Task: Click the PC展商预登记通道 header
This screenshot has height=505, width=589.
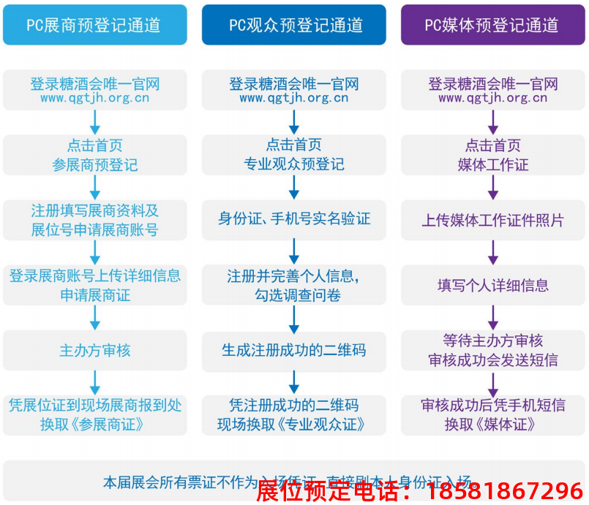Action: tap(94, 25)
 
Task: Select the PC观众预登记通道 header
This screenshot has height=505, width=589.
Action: tap(294, 25)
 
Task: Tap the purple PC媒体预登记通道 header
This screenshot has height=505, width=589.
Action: tap(492, 25)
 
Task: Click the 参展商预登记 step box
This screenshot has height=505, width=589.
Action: tap(94, 155)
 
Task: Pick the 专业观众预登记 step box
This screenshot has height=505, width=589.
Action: tap(294, 155)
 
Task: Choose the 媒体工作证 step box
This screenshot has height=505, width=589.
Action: tap(492, 155)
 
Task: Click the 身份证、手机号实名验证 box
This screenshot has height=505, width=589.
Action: tap(294, 219)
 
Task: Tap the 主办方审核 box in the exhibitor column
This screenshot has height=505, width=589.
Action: tap(94, 351)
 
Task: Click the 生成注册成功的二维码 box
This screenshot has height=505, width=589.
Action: tap(294, 351)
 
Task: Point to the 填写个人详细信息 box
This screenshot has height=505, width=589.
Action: tap(492, 285)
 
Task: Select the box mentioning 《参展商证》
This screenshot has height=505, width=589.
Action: tap(94, 415)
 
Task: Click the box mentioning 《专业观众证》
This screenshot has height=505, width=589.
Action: tap(294, 415)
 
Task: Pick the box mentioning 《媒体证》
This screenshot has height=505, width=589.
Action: tap(492, 415)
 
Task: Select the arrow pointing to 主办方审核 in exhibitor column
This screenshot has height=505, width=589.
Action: tap(94, 317)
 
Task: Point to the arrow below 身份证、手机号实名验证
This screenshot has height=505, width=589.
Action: tap(294, 251)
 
